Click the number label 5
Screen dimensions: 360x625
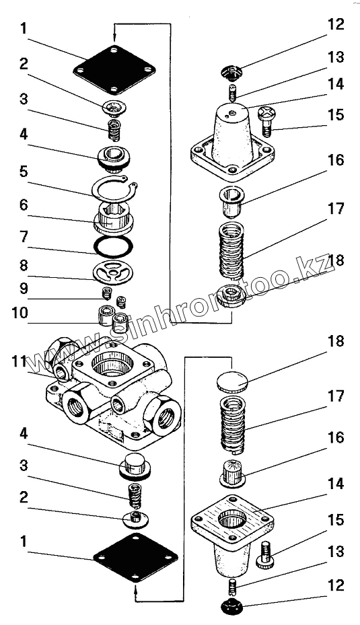23,172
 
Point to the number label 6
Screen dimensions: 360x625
24,205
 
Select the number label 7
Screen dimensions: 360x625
24,237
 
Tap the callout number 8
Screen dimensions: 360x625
24,266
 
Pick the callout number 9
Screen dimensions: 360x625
24,288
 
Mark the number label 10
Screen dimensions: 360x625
20,313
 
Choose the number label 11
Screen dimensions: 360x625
19,363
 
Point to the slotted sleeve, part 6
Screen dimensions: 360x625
113,217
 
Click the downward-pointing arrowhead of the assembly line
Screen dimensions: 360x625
114,38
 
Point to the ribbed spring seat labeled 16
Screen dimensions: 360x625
233,472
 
